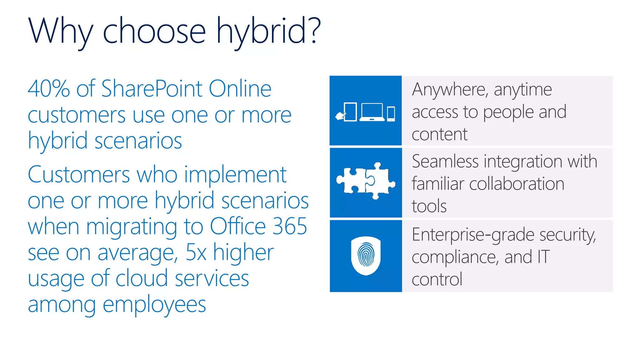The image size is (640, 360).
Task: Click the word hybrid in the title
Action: (x=261, y=31)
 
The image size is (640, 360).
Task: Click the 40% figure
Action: (x=48, y=89)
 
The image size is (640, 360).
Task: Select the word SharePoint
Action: (x=152, y=89)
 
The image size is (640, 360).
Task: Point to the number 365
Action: (x=289, y=226)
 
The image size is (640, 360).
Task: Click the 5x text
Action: (x=196, y=252)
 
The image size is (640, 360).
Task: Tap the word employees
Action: (x=154, y=305)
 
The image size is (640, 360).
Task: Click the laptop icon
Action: (x=372, y=112)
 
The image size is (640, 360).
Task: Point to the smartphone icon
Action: (x=391, y=114)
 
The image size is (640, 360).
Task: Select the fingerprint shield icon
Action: (x=366, y=256)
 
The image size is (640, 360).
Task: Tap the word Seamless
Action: (x=445, y=162)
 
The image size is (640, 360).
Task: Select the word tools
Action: (x=429, y=206)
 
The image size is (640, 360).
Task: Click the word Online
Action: (x=240, y=89)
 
